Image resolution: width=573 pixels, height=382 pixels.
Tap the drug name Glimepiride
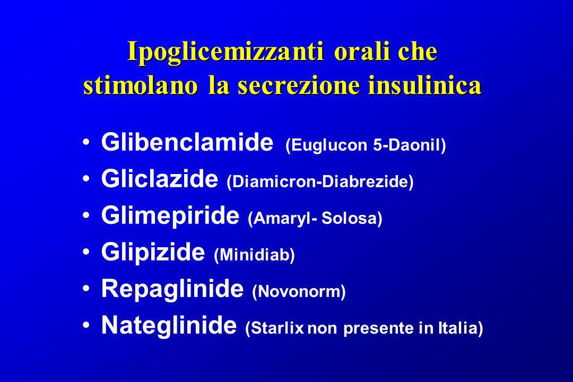pos(170,216)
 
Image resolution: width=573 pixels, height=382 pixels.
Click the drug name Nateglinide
pos(169,325)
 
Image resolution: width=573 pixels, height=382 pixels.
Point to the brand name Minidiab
pos(254,255)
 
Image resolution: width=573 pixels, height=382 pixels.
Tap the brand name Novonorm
pos(299,291)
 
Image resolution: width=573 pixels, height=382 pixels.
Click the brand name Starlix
pos(277,328)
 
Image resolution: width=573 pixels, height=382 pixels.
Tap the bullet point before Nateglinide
pos(86,325)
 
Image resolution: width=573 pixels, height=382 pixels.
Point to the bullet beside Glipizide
pos(86,251)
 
